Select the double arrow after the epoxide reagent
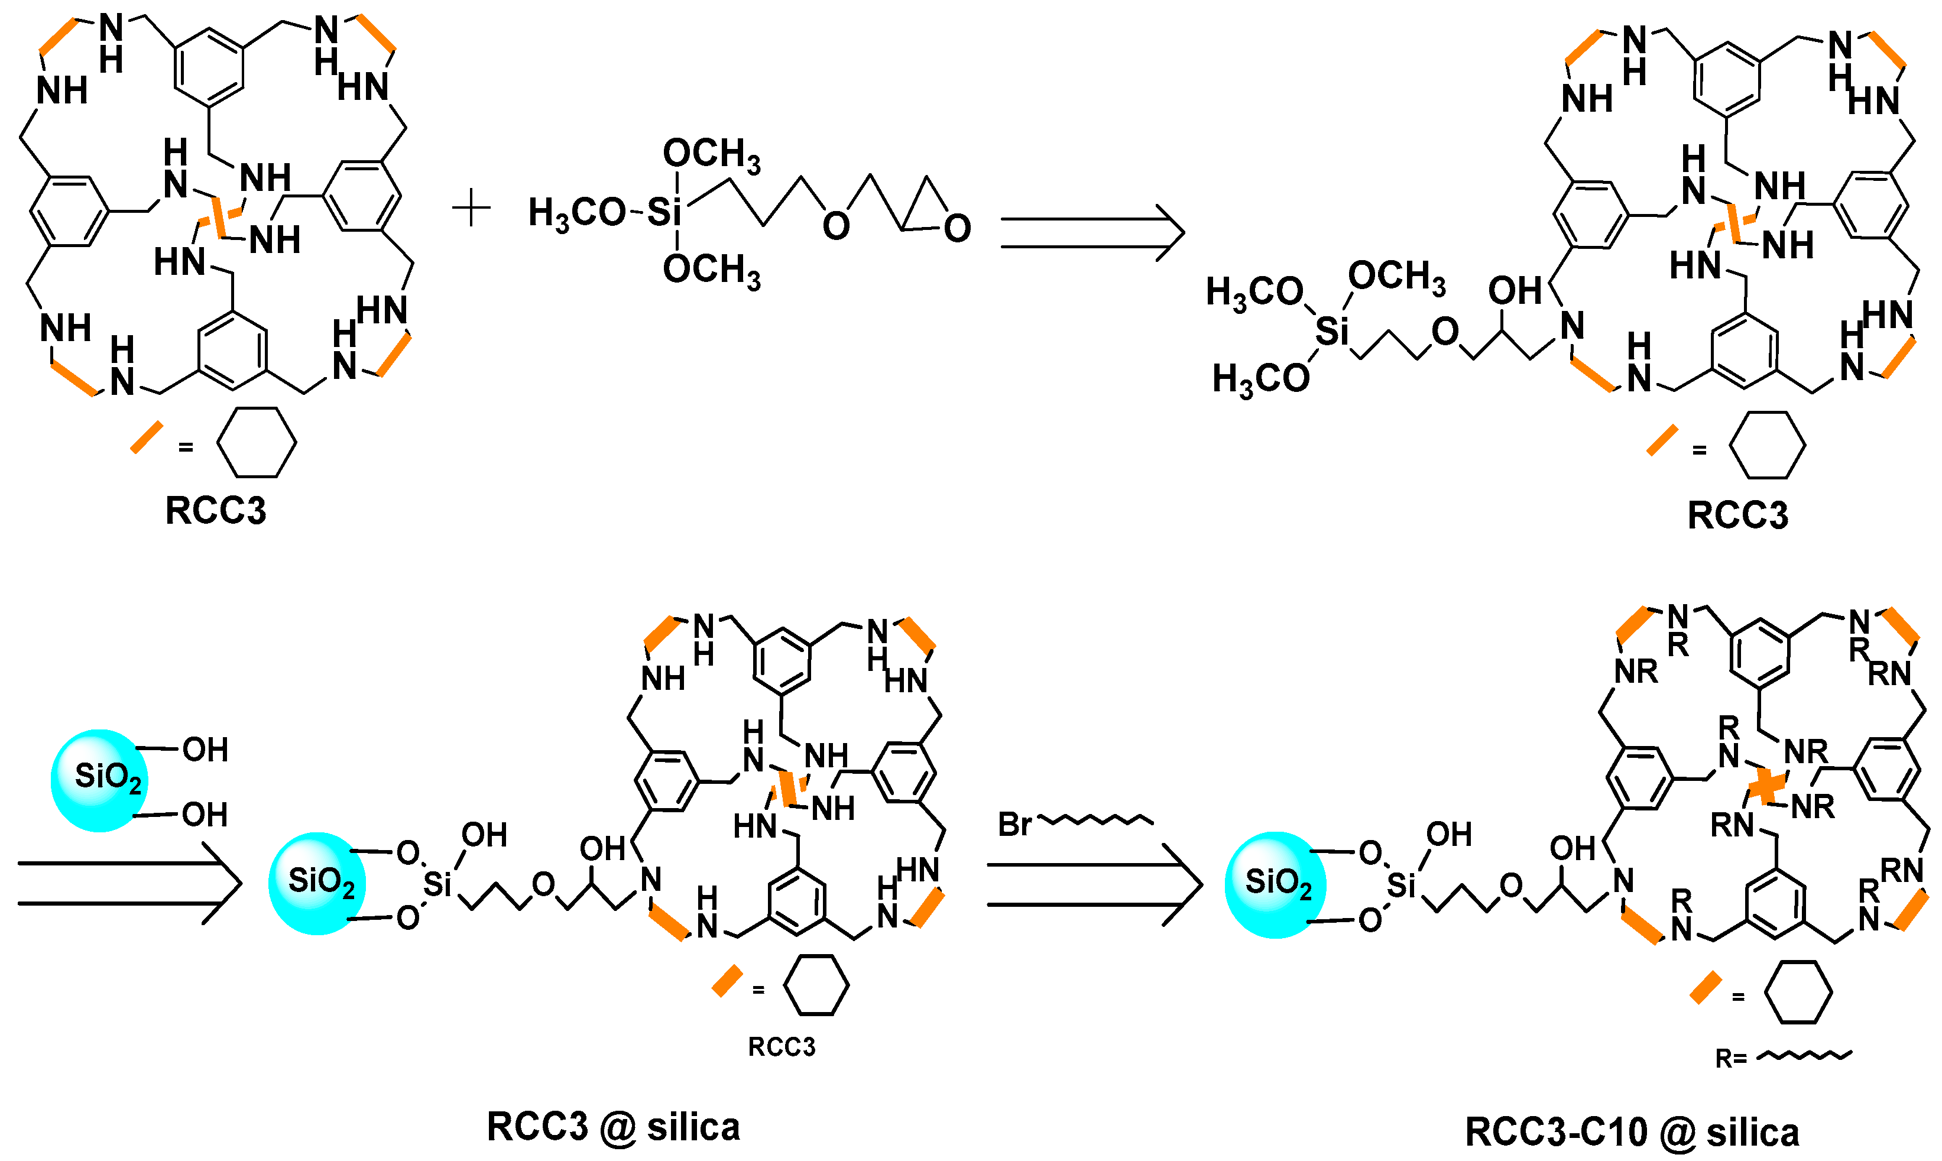click(1091, 232)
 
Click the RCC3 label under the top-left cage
click(216, 511)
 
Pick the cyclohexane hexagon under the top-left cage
click(257, 442)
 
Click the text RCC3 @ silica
click(614, 1127)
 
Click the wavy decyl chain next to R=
click(1804, 1056)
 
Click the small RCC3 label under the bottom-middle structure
click(782, 1047)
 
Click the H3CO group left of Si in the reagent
click(576, 213)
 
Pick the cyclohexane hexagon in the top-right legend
click(1767, 445)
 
